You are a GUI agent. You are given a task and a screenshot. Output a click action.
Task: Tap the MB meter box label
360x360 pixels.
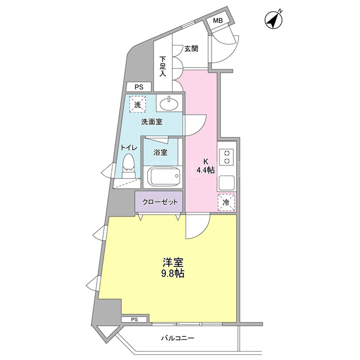(218, 21)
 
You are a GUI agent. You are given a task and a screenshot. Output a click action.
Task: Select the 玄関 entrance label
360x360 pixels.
(191, 49)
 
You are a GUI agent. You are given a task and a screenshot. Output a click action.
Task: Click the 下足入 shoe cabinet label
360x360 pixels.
(163, 66)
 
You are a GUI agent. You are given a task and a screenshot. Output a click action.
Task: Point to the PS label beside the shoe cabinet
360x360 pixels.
(139, 87)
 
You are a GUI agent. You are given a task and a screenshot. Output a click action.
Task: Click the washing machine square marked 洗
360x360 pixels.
(137, 105)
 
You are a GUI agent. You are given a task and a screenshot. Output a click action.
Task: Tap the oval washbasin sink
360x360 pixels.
(169, 105)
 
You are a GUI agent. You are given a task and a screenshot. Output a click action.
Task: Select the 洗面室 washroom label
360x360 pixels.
(152, 122)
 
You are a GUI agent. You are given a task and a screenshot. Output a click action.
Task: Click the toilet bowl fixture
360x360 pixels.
(129, 165)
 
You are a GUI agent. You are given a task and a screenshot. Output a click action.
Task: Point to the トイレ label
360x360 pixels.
(129, 147)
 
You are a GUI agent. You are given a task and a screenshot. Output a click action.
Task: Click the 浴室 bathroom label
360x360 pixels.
(160, 152)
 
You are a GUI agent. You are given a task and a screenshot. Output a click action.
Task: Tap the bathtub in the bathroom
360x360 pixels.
(163, 176)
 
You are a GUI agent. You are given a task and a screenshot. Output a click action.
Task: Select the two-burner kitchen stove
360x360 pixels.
(226, 157)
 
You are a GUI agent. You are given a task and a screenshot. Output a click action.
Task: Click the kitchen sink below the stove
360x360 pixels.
(227, 183)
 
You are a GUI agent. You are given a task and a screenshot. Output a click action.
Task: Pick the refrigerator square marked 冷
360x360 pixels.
(226, 202)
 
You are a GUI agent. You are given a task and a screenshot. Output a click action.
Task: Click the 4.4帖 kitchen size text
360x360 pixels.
(205, 170)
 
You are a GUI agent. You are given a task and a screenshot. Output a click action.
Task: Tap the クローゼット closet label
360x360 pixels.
(160, 202)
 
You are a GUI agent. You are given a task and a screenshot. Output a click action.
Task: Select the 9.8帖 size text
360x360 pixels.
(173, 273)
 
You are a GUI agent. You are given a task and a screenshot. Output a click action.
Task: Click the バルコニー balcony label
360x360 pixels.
(178, 338)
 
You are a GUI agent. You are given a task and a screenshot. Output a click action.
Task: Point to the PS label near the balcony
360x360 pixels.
(134, 319)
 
